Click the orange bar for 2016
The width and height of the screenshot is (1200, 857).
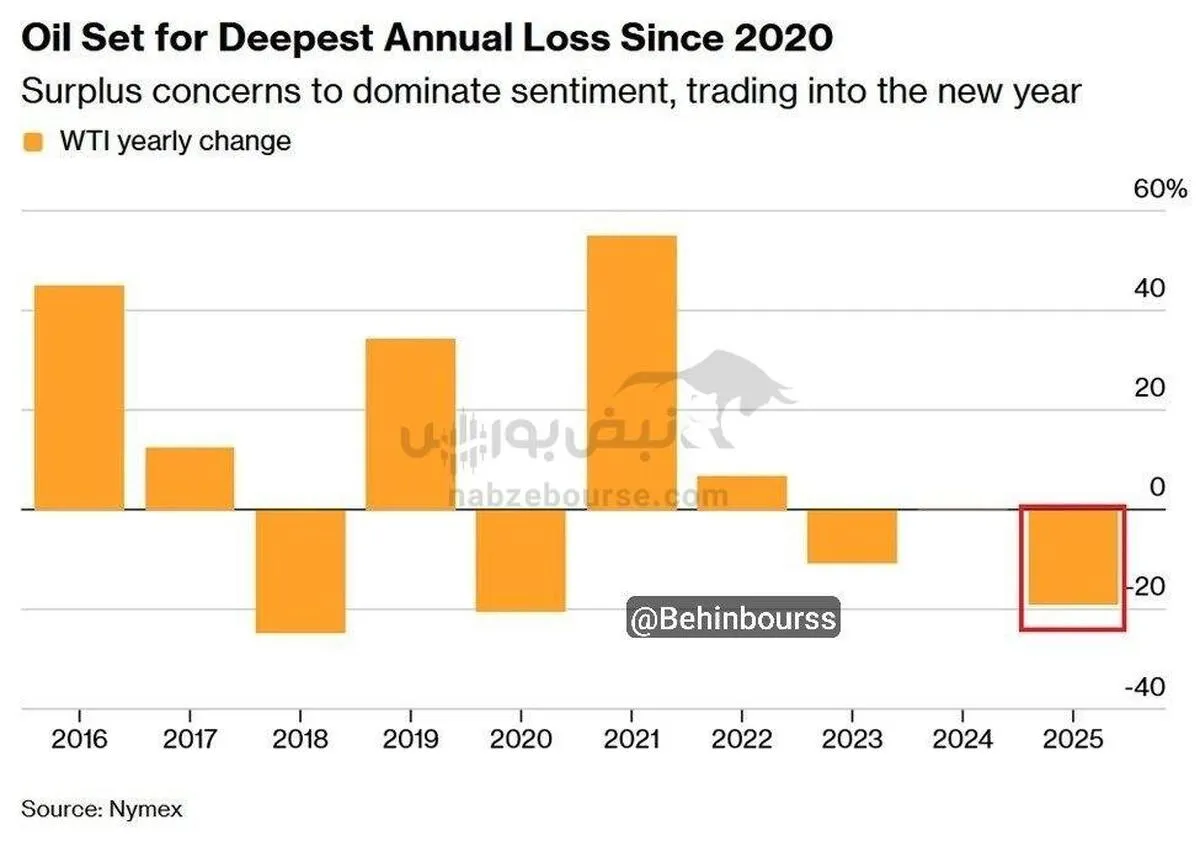[x=80, y=397]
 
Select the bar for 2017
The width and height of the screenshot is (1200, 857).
[x=190, y=478]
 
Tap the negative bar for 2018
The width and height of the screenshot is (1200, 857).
[x=300, y=570]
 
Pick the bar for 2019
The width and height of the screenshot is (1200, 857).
[x=410, y=424]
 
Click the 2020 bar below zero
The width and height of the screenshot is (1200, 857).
[x=520, y=560]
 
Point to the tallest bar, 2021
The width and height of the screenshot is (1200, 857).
[x=631, y=372]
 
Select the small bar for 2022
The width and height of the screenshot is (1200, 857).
[x=741, y=492]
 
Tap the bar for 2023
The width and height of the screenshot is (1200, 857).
[x=852, y=536]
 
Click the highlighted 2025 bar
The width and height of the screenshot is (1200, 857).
[x=1072, y=557]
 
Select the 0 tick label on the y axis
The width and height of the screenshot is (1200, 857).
[x=1157, y=488]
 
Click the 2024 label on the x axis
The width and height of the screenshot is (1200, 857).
[x=962, y=741]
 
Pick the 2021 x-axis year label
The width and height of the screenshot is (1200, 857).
[x=631, y=741]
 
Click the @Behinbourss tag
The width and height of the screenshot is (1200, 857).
[x=733, y=619]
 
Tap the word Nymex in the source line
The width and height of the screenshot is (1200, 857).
[x=147, y=808]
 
